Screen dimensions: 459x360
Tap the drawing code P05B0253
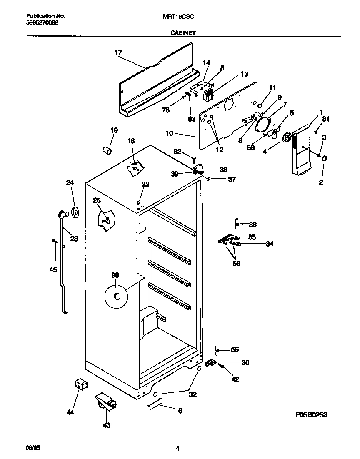click(311, 414)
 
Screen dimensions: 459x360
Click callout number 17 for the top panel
click(118, 52)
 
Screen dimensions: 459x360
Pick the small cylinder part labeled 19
click(107, 150)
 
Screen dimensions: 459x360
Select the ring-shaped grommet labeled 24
click(75, 212)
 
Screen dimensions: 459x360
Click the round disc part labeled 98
click(116, 296)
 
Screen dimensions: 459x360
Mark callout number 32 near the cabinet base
click(193, 394)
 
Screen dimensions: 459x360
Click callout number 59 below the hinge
click(237, 263)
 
